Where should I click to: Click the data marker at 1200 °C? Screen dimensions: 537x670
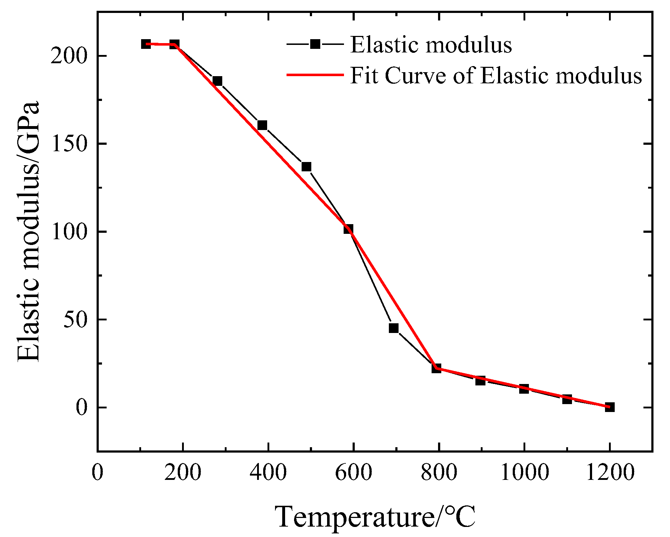tap(609, 407)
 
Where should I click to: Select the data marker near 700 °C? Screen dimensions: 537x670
tap(394, 328)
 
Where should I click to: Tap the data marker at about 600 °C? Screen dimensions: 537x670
tap(348, 229)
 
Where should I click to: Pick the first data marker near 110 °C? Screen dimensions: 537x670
tap(146, 44)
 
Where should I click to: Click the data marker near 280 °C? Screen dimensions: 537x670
tap(217, 81)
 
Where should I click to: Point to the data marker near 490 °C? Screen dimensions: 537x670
tap(306, 167)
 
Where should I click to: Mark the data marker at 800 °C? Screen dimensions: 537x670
tap(436, 368)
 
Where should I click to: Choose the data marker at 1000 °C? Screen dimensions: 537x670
tap(524, 389)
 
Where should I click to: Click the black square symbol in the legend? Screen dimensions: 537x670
tap(315, 44)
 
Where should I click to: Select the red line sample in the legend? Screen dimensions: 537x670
tap(315, 75)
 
